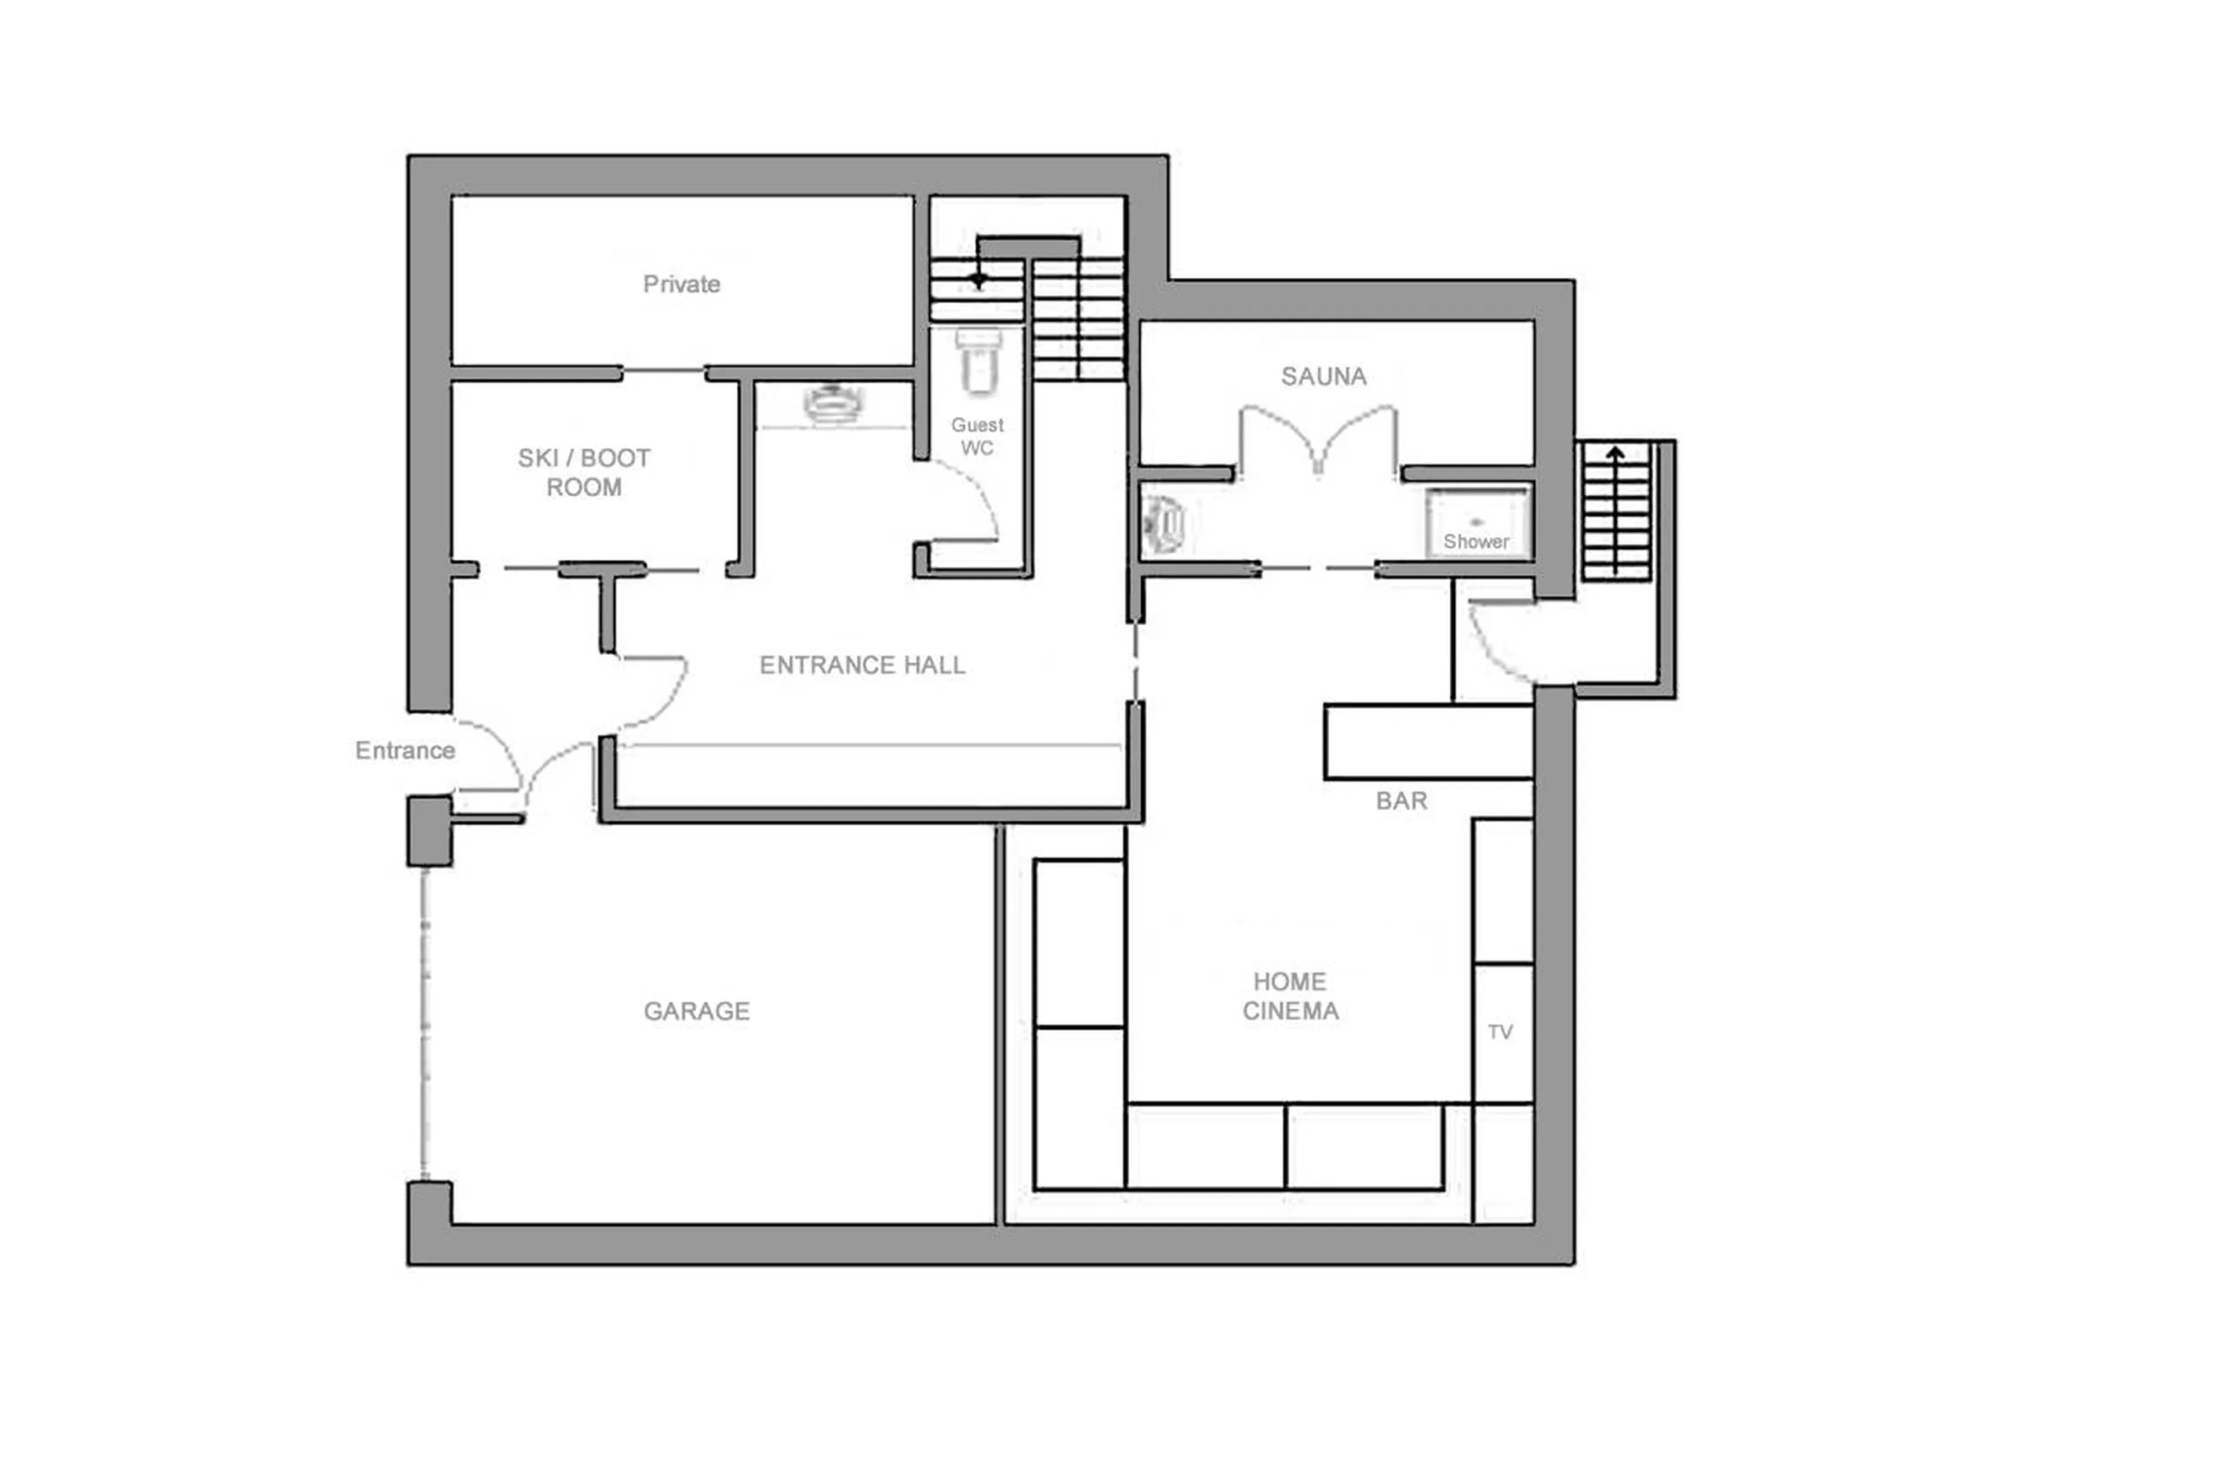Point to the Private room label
pos(681,284)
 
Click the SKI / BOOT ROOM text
pos(584,472)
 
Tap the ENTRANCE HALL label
pos(862,665)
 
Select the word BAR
pos(1401,801)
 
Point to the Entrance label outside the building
pos(405,750)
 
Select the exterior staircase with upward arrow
pos(1615,511)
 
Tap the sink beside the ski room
pos(832,404)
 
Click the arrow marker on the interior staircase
pos(978,279)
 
